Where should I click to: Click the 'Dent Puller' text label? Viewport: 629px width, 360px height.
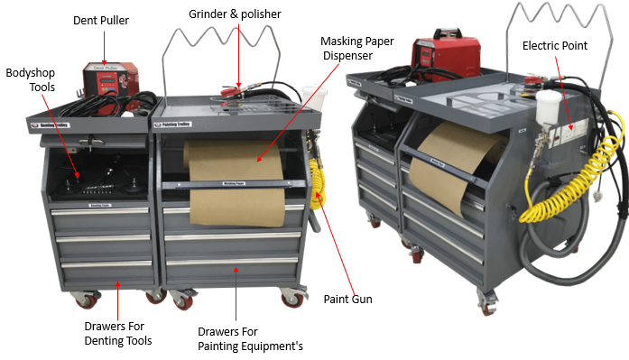point(101,21)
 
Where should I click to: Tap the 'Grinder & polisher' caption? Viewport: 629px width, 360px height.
point(235,14)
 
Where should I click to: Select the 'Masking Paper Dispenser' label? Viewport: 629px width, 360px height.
point(357,49)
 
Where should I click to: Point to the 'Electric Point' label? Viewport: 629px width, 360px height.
point(555,46)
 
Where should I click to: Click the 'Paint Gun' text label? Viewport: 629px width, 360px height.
point(347,299)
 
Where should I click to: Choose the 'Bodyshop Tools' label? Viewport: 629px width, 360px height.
point(31,80)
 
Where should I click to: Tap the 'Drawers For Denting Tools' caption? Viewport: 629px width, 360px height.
point(118,334)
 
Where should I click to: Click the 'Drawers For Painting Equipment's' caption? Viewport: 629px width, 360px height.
point(250,339)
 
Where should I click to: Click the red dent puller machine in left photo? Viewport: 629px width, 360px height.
point(110,87)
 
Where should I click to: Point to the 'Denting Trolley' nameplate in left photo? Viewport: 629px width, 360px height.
point(51,125)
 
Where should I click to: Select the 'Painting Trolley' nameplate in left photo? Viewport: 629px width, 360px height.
point(173,125)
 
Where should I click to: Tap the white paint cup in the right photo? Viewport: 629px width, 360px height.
point(547,107)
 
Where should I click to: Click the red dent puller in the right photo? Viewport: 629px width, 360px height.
point(446,54)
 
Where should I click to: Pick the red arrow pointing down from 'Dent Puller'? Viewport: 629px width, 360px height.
point(104,48)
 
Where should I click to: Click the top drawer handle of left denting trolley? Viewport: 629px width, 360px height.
point(99,211)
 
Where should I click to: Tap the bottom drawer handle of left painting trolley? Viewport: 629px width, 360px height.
point(232,261)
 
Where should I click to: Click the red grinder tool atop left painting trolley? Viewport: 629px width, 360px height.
point(231,94)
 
